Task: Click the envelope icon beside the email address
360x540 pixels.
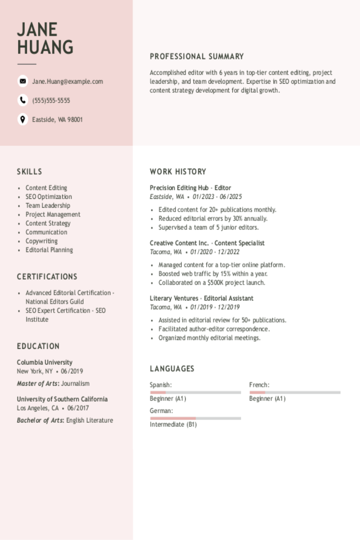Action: click(23, 81)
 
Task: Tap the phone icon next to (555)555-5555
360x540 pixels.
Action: click(23, 100)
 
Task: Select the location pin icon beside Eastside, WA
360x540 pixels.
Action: click(23, 119)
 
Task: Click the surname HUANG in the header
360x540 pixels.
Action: click(45, 47)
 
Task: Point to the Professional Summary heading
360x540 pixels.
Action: click(196, 56)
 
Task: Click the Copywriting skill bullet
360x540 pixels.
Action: click(42, 241)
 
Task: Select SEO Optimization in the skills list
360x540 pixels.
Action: click(49, 196)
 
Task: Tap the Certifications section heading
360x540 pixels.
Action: click(47, 276)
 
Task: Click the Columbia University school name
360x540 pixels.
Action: click(44, 362)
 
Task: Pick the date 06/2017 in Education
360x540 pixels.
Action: click(78, 408)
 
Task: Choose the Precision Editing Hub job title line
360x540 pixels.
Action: click(190, 188)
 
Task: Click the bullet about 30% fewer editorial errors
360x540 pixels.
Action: click(213, 218)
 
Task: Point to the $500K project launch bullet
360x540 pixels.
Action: click(212, 282)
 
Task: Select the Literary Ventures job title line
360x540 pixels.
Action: click(201, 298)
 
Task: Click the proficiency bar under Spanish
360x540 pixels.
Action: click(195, 392)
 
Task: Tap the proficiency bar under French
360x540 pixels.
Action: click(295, 392)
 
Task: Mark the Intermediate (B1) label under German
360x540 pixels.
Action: click(173, 424)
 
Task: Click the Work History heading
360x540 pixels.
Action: click(178, 172)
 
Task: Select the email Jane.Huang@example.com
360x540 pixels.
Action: click(68, 81)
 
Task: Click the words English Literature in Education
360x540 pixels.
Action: click(90, 420)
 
